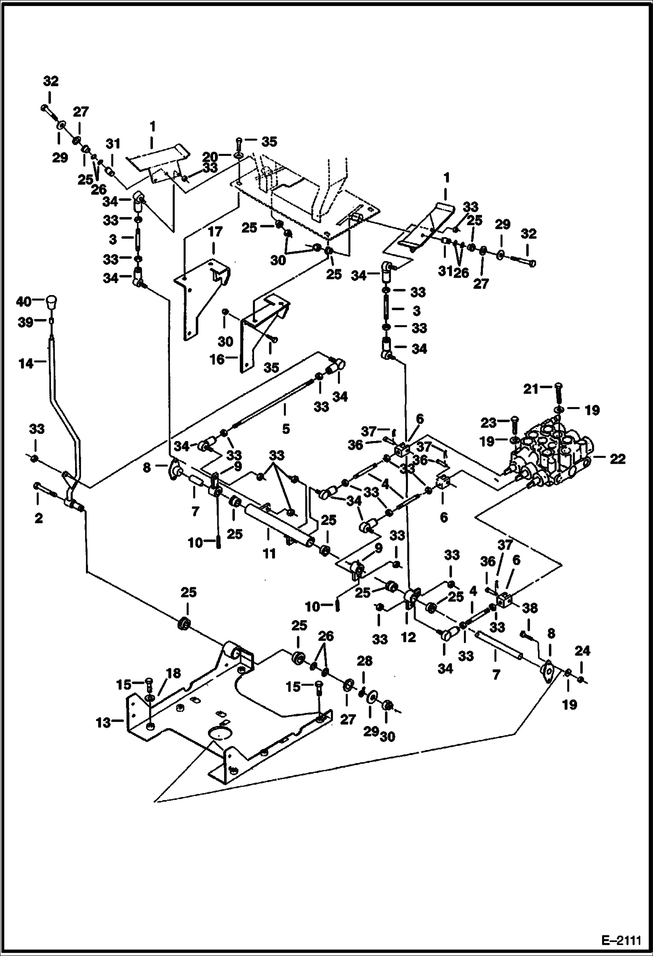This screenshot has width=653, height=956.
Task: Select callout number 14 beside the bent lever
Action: click(26, 363)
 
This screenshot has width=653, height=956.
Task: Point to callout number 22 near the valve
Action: click(617, 459)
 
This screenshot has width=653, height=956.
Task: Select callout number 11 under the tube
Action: click(269, 554)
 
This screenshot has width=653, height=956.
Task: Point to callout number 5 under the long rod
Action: click(286, 429)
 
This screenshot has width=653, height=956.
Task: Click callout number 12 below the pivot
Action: click(408, 637)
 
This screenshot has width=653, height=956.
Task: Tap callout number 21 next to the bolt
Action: click(531, 388)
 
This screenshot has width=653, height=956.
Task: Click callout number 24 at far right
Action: click(582, 651)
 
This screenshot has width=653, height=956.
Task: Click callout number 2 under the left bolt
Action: click(39, 518)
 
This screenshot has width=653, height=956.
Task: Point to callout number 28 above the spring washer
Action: click(364, 661)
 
